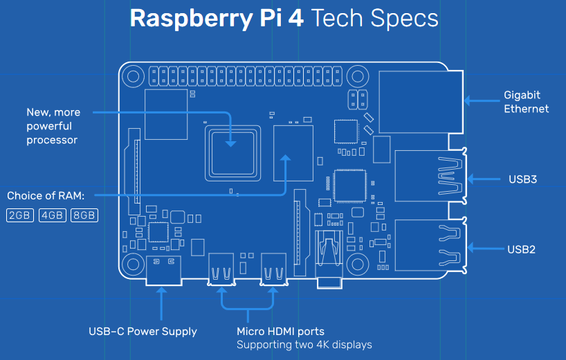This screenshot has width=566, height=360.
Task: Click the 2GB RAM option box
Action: point(20,215)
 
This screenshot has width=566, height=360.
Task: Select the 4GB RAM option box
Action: point(53,215)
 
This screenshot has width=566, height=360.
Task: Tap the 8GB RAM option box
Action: point(84,215)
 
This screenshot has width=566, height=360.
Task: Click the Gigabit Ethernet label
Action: point(527,102)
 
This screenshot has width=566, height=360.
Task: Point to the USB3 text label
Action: point(522,179)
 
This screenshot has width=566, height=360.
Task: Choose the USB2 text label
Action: point(521,249)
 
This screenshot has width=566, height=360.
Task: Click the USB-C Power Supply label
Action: point(143,332)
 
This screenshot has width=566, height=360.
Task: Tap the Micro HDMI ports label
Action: point(280,332)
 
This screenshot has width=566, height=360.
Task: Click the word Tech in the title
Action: point(336,18)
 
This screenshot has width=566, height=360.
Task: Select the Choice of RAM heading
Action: point(46,196)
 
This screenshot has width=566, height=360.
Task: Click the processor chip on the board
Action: point(232,153)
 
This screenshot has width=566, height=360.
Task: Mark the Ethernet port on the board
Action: point(421,102)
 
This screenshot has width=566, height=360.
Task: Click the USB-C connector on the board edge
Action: point(163,271)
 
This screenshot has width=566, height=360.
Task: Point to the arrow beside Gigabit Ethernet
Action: point(482,101)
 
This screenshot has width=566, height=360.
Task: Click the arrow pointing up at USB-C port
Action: point(161,304)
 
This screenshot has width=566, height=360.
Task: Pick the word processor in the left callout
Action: point(52,140)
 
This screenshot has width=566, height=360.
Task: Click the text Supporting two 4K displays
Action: point(304,345)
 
